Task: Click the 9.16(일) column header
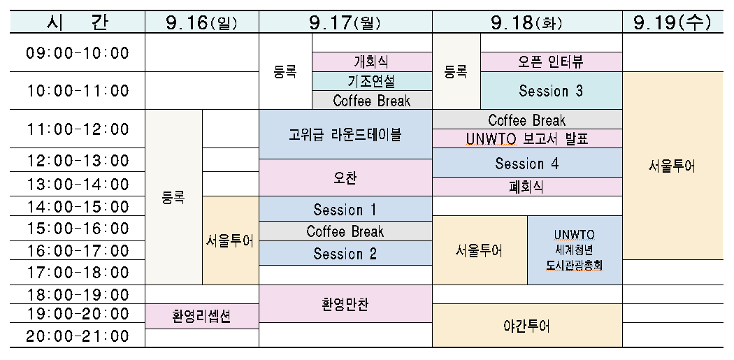[x=202, y=22]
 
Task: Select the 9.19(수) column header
[x=672, y=22]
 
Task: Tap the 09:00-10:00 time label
[x=77, y=52]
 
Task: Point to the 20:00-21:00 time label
[x=77, y=336]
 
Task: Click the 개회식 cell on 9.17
[x=372, y=62]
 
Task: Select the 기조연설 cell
[x=372, y=81]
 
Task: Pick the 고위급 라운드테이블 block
[x=345, y=134]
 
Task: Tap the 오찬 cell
[x=345, y=178]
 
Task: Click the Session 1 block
[x=345, y=209]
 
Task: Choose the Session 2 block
[x=345, y=253]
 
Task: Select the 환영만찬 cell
[x=345, y=304]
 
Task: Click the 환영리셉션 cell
[x=202, y=317]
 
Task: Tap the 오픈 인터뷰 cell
[x=552, y=62]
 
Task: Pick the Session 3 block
[x=552, y=90]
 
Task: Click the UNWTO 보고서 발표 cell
[x=527, y=138]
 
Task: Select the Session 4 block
[x=527, y=163]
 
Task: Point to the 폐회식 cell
[x=527, y=187]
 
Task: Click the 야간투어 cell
[x=527, y=326]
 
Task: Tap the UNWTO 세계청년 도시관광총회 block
[x=575, y=250]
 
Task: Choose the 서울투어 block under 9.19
[x=672, y=166]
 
